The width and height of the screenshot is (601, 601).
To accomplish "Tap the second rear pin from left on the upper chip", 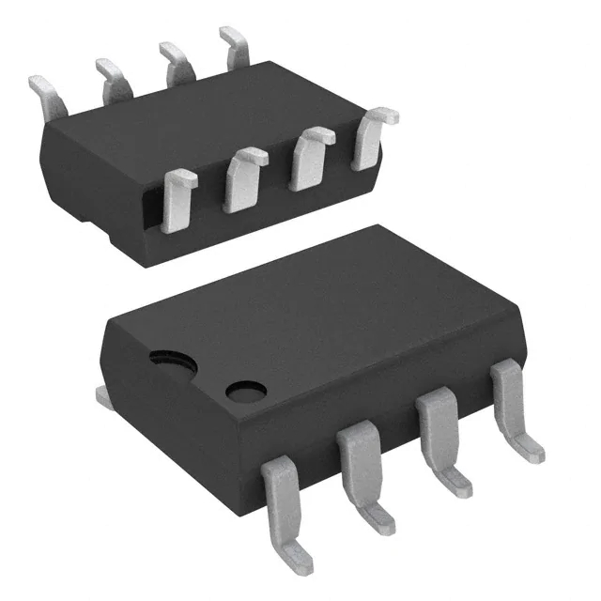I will [111, 75].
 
